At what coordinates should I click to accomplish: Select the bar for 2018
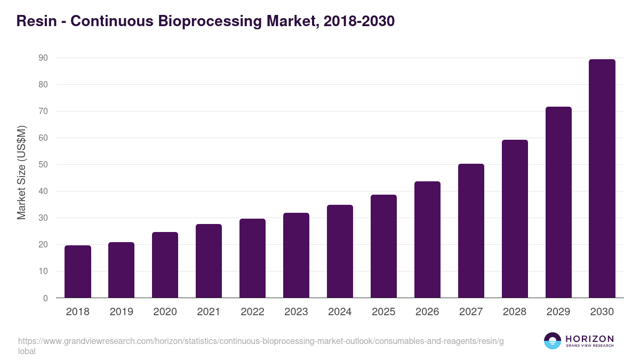pyautogui.click(x=78, y=271)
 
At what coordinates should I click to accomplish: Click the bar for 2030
pyautogui.click(x=602, y=179)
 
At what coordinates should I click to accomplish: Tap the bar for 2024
pyautogui.click(x=340, y=251)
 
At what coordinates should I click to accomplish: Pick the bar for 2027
pyautogui.click(x=471, y=231)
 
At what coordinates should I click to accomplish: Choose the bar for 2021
pyautogui.click(x=209, y=261)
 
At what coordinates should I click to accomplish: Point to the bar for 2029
pyautogui.click(x=558, y=202)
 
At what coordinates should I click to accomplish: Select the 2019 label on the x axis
pyautogui.click(x=122, y=312)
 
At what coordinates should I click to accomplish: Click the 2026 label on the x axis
pyautogui.click(x=427, y=312)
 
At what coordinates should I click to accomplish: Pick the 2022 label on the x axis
pyautogui.click(x=252, y=312)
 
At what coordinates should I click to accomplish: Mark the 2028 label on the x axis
pyautogui.click(x=515, y=312)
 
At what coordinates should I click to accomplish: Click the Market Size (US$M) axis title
pyautogui.click(x=21, y=172)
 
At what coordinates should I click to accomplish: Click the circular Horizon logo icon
pyautogui.click(x=552, y=341)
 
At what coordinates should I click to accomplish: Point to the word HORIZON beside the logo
pyautogui.click(x=589, y=339)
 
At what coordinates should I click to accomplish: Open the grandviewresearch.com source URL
pyautogui.click(x=261, y=341)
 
